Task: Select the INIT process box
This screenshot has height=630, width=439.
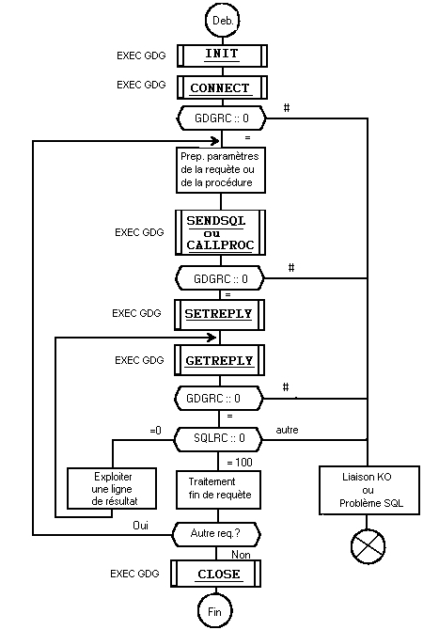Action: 221,55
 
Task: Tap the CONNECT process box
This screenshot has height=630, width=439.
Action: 221,88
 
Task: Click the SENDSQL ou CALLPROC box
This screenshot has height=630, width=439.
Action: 221,232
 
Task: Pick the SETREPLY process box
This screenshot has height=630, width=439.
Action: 221,313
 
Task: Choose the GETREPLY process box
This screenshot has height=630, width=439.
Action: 221,360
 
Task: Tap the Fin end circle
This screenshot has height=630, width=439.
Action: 213,611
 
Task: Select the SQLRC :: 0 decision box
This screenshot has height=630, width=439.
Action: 220,437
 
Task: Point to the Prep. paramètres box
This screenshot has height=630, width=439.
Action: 220,168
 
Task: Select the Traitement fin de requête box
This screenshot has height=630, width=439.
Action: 220,488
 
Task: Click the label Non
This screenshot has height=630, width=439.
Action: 240,554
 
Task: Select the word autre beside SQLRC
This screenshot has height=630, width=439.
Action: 288,430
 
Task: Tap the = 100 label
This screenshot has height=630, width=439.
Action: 241,463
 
